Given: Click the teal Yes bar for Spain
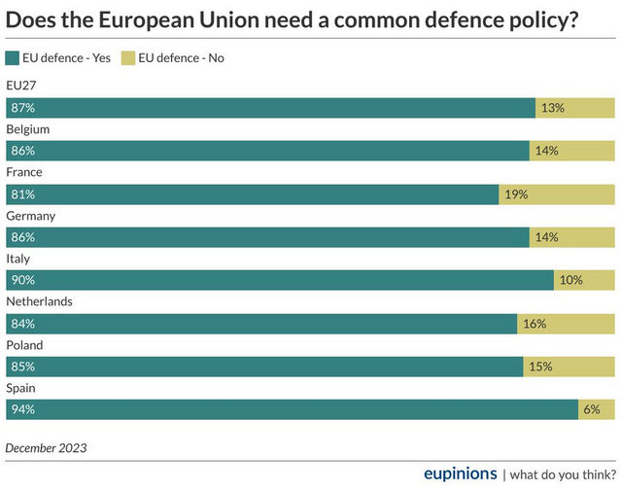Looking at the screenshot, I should [x=292, y=409].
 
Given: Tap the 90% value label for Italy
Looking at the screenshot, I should [x=22, y=280].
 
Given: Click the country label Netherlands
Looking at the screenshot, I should [x=39, y=301].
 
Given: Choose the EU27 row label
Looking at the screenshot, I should [x=20, y=87].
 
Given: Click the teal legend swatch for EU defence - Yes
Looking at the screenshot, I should [x=12, y=58].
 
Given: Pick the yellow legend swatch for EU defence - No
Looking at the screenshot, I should [x=127, y=58].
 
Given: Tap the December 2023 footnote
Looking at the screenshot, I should [x=47, y=448].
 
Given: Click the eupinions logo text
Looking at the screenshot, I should [x=460, y=473].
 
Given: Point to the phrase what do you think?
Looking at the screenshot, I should [x=562, y=474].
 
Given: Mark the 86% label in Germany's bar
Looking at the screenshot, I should [x=22, y=237].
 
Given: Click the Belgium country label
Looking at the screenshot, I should [x=28, y=129].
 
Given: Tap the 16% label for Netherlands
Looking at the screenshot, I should [x=535, y=324].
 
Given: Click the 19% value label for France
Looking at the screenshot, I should [x=516, y=194].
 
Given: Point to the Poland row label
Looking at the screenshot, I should [x=25, y=344].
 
